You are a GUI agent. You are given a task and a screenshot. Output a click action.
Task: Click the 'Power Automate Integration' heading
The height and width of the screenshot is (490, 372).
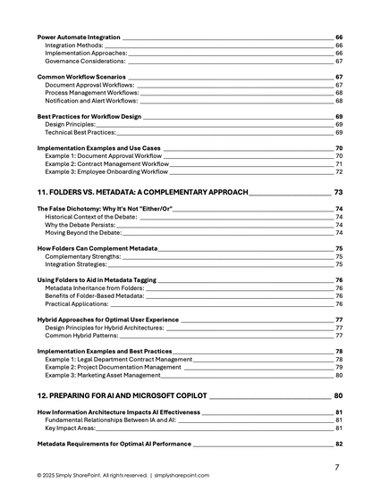click(x=79, y=37)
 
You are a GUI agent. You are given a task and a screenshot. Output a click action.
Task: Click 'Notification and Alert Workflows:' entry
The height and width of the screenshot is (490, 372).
click(x=92, y=101)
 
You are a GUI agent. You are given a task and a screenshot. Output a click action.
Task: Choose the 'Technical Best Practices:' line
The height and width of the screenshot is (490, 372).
click(x=81, y=132)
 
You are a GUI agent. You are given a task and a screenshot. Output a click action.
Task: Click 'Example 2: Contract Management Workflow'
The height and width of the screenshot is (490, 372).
click(x=106, y=164)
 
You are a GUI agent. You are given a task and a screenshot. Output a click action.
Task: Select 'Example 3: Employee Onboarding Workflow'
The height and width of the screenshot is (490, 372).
click(x=108, y=171)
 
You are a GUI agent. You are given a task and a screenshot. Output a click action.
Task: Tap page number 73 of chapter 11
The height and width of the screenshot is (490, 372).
click(x=338, y=192)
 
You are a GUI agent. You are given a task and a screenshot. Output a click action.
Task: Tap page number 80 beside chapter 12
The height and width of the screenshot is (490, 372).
click(x=338, y=395)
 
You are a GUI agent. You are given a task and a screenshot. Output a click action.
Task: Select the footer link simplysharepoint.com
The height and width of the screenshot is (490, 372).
click(x=182, y=476)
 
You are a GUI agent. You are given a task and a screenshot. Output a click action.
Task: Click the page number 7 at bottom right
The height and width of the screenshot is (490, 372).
click(x=336, y=467)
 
